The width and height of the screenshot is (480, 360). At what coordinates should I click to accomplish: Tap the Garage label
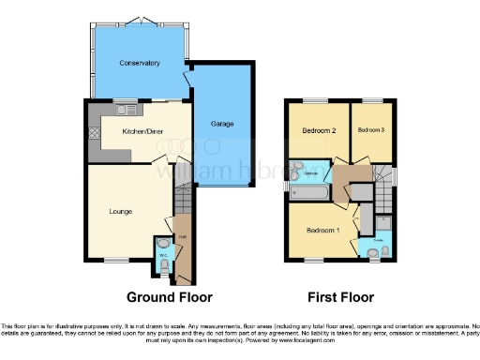click(x=221, y=124)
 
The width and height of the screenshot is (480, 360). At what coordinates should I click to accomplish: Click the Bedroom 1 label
click(x=322, y=230)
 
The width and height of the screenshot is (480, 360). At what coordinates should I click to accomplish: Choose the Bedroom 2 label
click(x=320, y=130)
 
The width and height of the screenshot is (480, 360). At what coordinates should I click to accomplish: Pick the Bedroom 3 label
click(x=372, y=130)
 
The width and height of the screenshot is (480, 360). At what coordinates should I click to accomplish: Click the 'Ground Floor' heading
click(x=169, y=297)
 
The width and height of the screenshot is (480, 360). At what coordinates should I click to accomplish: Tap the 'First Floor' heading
click(x=341, y=297)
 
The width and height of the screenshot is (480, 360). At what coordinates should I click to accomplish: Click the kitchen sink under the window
click(x=125, y=111)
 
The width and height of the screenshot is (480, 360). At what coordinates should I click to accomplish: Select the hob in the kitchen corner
click(x=94, y=133)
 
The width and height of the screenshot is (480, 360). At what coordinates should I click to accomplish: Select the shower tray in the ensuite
click(x=385, y=222)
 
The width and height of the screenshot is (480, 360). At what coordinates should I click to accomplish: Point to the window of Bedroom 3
click(x=372, y=100)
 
